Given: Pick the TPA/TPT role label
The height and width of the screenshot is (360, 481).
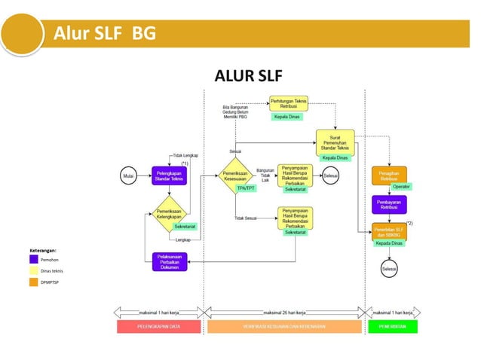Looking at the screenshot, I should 246,188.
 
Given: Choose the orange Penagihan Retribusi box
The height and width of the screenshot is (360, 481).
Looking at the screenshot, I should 389,175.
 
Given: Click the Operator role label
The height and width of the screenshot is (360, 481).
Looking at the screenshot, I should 401,186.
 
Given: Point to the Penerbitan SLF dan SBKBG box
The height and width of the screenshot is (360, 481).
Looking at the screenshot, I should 389,231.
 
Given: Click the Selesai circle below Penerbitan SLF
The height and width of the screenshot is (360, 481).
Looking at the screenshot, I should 389,268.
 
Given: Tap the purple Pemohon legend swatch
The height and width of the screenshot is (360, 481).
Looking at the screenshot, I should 34,258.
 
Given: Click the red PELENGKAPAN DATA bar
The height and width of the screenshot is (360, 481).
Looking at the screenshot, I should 158,327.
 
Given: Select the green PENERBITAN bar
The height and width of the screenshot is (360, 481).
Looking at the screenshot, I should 393,327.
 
